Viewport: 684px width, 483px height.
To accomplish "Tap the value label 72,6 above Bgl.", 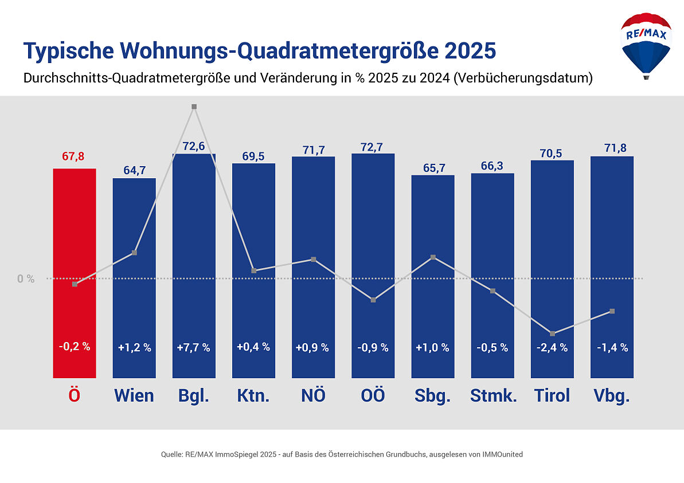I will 194,146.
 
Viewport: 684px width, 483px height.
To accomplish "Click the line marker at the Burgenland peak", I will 194,107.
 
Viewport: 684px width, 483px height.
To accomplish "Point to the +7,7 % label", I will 194,347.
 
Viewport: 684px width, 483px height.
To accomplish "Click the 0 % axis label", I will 26,279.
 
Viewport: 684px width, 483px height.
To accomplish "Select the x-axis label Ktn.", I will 253,396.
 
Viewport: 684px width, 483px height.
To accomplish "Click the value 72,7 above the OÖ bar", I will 373,146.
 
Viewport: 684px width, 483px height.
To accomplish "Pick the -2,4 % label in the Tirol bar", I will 552,347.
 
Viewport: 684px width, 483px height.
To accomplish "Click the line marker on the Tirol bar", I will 552,333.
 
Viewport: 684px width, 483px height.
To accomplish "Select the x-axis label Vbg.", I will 612,396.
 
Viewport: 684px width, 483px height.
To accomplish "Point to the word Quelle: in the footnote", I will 172,454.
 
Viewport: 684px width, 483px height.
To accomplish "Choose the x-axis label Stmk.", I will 493,396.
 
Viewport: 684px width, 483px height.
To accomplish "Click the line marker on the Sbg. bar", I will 433,257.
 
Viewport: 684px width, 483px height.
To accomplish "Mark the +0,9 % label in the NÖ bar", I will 313,347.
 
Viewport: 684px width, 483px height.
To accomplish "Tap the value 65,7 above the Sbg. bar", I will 433,167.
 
